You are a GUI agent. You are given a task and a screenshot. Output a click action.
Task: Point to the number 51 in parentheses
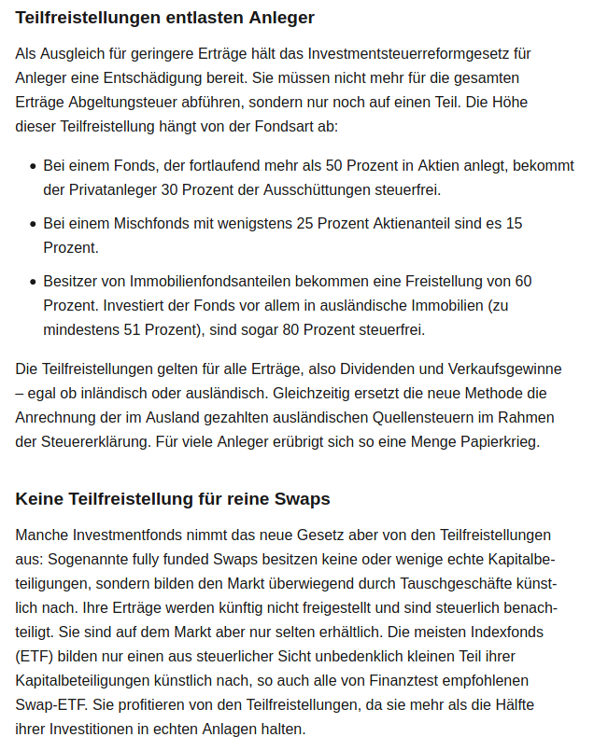[x=134, y=329]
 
